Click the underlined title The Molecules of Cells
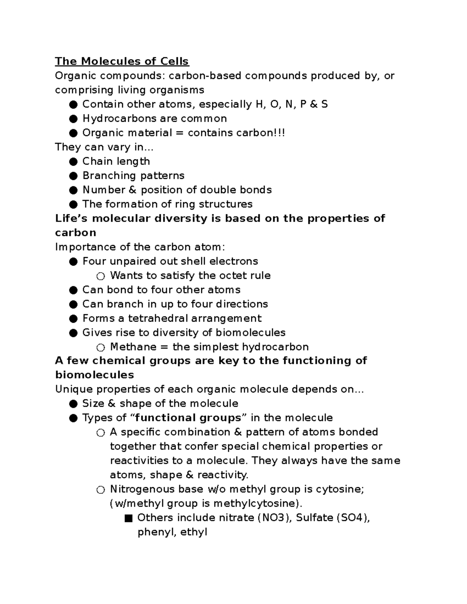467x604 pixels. click(122, 61)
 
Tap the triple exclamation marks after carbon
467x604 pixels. click(281, 133)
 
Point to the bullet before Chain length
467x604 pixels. click(73, 161)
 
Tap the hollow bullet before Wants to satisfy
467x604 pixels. click(101, 276)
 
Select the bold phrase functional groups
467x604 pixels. click(188, 418)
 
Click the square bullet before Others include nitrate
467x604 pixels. click(128, 518)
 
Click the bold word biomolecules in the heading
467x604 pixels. click(95, 375)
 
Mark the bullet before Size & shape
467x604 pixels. click(73, 404)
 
